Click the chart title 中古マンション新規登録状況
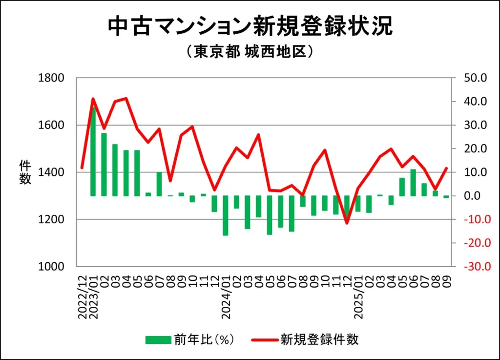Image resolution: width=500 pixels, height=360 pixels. click(x=250, y=27)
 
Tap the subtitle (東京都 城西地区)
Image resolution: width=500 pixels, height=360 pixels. click(x=250, y=52)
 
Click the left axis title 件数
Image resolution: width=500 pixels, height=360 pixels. click(x=25, y=172)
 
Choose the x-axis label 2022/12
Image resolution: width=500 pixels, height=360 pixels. click(x=82, y=296)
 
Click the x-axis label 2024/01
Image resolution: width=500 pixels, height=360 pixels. click(x=226, y=296)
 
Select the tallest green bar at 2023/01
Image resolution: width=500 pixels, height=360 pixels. click(x=93, y=151)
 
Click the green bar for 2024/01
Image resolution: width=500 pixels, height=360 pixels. click(x=226, y=215)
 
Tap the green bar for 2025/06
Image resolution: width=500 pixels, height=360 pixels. click(x=413, y=183)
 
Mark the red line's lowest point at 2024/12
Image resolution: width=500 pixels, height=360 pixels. click(x=347, y=223)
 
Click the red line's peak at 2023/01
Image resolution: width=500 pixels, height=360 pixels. click(x=93, y=99)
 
